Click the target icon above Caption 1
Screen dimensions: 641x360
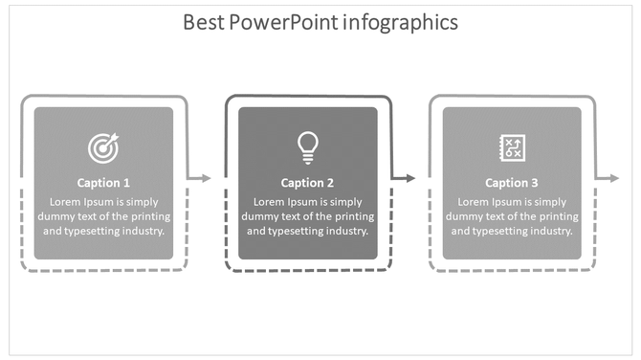pos(103,147)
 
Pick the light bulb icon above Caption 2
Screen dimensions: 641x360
pos(307,146)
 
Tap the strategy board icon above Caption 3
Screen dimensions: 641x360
pos(512,146)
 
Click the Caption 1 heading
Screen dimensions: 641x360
pos(103,183)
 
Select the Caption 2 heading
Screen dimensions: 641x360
pos(307,183)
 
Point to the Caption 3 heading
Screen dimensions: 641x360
pos(512,183)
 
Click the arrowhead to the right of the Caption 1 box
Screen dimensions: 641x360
pos(204,178)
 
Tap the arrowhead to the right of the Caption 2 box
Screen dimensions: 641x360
pos(409,178)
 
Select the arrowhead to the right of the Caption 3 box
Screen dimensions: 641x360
pos(613,178)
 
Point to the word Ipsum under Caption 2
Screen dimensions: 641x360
pos(301,202)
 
